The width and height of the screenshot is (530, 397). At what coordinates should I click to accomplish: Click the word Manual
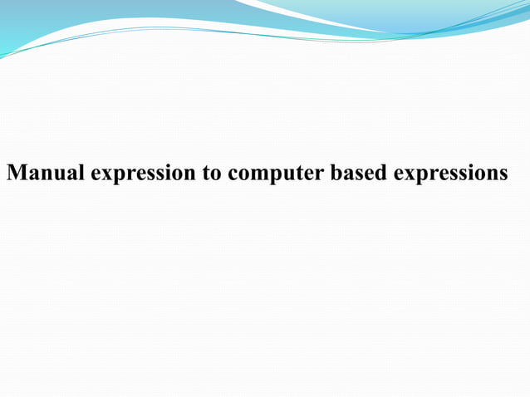pyautogui.click(x=47, y=174)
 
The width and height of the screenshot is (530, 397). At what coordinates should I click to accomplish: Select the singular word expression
pyautogui.click(x=145, y=174)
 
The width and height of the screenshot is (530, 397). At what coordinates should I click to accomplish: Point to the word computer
pyautogui.click(x=277, y=174)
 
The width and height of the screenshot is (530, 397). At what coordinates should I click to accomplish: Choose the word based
pyautogui.click(x=360, y=174)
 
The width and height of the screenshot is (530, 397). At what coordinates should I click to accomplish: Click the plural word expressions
pyautogui.click(x=451, y=174)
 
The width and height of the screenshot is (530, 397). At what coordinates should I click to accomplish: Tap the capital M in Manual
pyautogui.click(x=16, y=174)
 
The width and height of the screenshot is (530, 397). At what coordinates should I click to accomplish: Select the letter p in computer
pyautogui.click(x=275, y=176)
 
